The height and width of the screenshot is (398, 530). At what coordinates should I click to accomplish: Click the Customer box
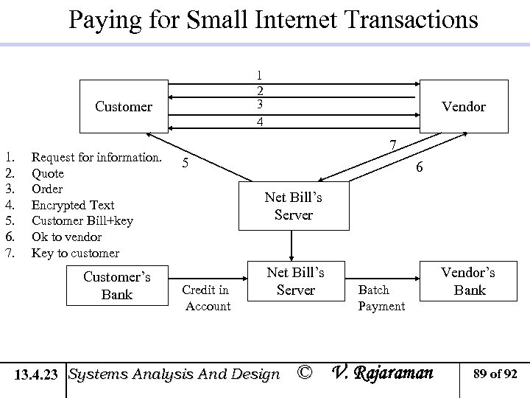[x=124, y=107]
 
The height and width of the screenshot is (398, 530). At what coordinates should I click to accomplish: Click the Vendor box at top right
[x=464, y=107]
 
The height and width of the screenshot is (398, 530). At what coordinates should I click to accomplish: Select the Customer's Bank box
[x=117, y=285]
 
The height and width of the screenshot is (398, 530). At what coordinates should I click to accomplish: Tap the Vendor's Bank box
[x=469, y=281]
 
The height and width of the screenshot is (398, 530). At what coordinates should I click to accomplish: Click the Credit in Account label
[x=205, y=298]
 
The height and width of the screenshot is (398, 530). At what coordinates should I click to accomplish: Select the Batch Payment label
[x=381, y=298]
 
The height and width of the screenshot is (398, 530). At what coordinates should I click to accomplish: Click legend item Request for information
[x=96, y=156]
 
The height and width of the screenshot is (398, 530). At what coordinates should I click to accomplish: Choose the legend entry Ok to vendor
[x=66, y=237]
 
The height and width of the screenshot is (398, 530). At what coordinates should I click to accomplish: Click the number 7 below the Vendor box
[x=394, y=143]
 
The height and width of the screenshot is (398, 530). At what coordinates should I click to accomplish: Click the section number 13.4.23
[x=38, y=374]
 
